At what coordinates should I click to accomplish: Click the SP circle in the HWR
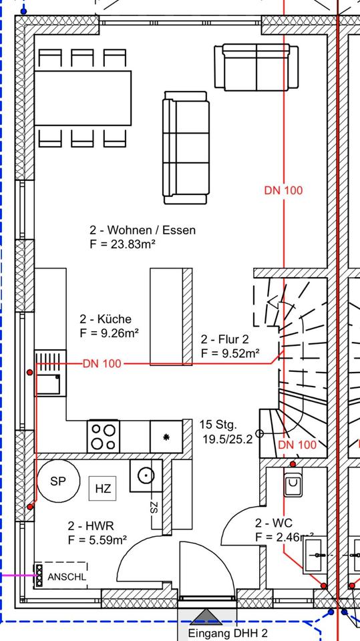coord(59,481)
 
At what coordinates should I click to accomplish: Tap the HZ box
coord(103,488)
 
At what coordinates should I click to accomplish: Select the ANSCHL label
coord(67,577)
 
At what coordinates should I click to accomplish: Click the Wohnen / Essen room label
coord(142,230)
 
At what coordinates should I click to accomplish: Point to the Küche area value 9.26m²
coord(110,333)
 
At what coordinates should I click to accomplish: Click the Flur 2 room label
coord(224,339)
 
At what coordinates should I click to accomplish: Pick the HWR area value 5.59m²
coord(98,540)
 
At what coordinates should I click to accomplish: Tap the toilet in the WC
coord(293,482)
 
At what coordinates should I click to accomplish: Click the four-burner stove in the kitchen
coord(103,436)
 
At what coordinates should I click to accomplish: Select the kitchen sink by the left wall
coord(50,373)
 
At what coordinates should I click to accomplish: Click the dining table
coord(83,98)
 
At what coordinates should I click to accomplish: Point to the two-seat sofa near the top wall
coord(256,67)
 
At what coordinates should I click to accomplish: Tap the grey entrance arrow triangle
coord(206,617)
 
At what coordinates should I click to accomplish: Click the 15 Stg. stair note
coord(218,425)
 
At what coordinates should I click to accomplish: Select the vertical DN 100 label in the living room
coord(283,190)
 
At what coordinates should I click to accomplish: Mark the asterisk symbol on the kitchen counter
coord(166,437)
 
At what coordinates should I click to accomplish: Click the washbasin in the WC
coord(315,555)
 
